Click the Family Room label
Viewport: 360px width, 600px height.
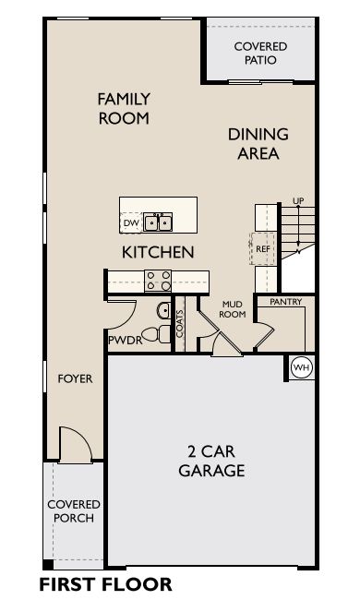tap(124, 109)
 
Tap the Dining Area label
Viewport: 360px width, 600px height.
tap(258, 144)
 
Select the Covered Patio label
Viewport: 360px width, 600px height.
tap(260, 54)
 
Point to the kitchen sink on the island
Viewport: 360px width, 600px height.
tap(158, 222)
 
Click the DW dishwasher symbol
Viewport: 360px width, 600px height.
tap(131, 223)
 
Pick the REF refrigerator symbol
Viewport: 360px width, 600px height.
tap(262, 248)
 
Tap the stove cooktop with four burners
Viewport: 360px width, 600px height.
tap(158, 281)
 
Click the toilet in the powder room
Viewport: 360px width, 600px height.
tap(157, 334)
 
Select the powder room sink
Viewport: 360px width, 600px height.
tap(164, 310)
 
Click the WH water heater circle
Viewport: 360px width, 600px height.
tap(302, 368)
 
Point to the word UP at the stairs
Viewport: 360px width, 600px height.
tap(298, 201)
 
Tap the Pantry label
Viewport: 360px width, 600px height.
tap(286, 302)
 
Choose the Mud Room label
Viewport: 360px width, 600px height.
tap(233, 309)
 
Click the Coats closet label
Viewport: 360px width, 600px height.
tap(180, 324)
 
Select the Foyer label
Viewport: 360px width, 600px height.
tap(75, 378)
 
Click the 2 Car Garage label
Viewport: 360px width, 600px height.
tap(211, 462)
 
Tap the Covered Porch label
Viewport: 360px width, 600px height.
tap(74, 510)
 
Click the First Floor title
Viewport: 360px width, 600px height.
tap(105, 584)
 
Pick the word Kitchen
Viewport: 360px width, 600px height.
tap(158, 252)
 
